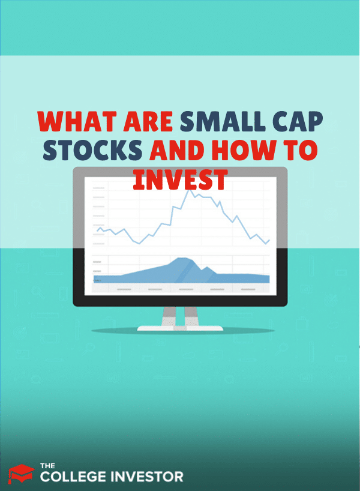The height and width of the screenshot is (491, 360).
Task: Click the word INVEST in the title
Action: pyautogui.click(x=180, y=179)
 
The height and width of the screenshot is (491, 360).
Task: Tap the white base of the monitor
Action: pyautogui.click(x=179, y=328)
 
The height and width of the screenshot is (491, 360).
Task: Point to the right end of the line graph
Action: pyautogui.click(x=269, y=240)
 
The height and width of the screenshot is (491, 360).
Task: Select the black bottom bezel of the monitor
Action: pyautogui.click(x=179, y=301)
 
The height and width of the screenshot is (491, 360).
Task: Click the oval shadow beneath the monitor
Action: pyautogui.click(x=179, y=331)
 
